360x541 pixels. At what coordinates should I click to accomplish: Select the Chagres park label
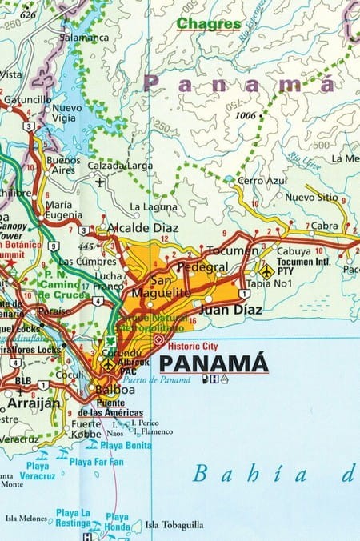click(x=209, y=24)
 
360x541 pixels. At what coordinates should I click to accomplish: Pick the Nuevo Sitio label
click(x=311, y=196)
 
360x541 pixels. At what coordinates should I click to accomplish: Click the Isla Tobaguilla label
click(x=174, y=525)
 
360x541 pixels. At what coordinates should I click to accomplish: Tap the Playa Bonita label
click(x=126, y=444)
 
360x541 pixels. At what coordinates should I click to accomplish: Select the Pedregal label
click(x=202, y=266)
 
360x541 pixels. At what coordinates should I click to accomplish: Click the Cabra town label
click(x=324, y=226)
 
